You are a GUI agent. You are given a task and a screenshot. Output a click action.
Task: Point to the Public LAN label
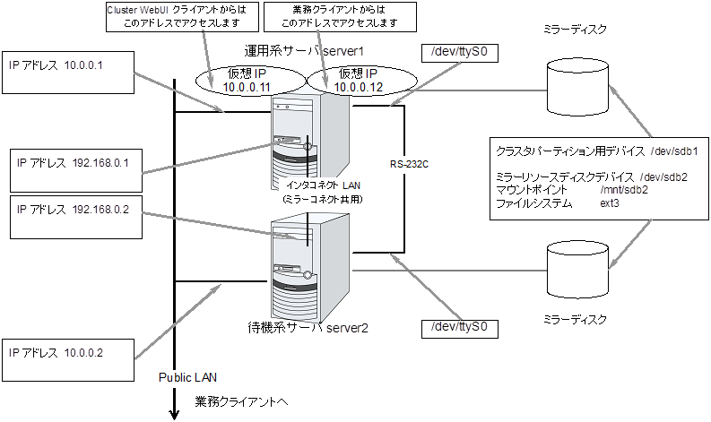click(189, 377)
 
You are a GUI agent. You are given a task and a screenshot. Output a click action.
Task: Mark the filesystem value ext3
click(610, 203)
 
